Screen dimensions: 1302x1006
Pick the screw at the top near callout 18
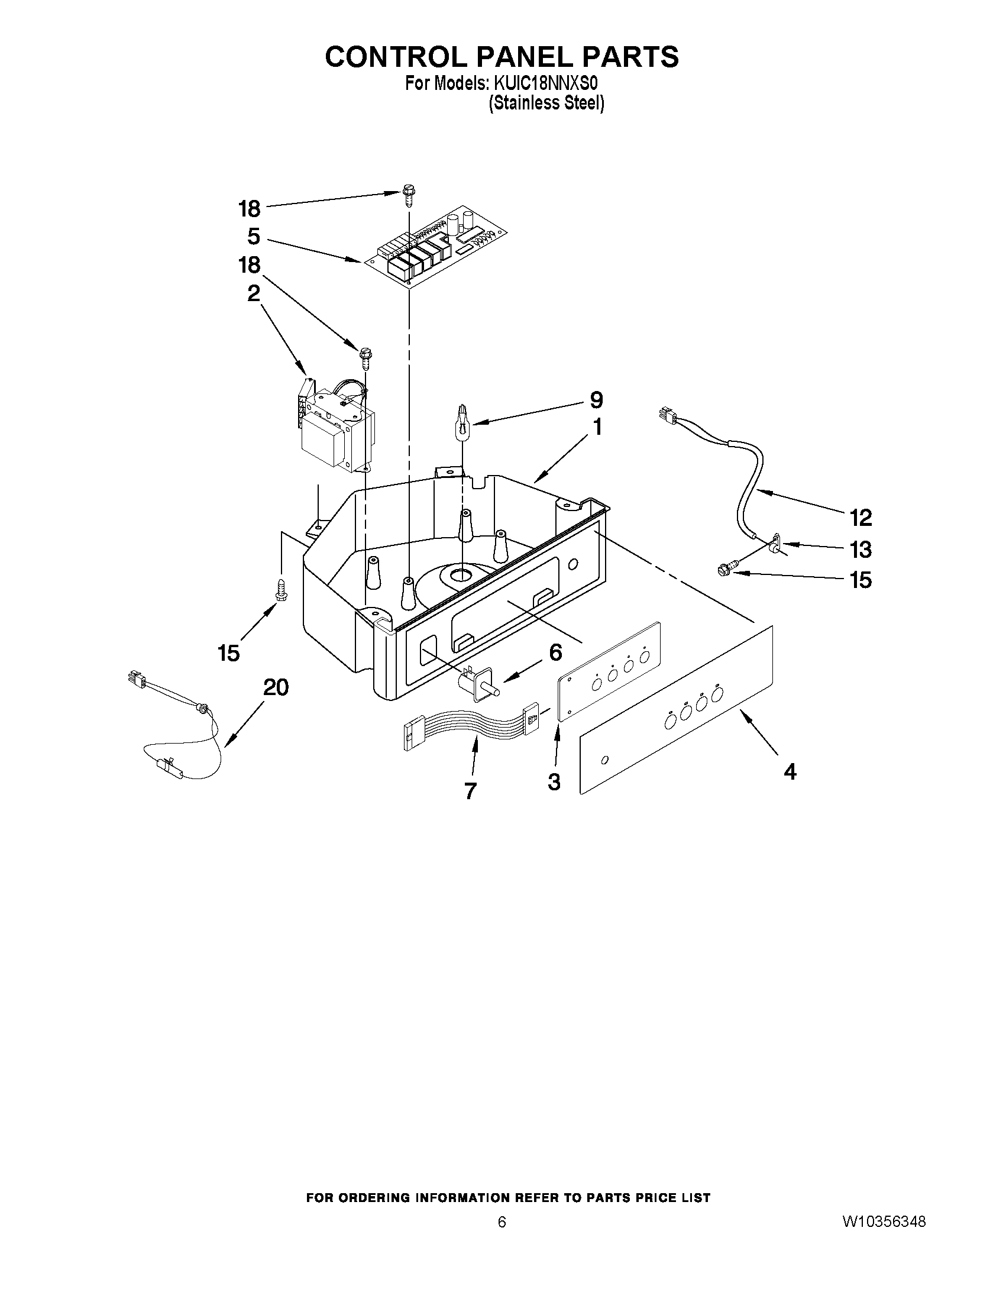click(x=408, y=195)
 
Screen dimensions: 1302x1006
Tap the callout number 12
click(x=861, y=518)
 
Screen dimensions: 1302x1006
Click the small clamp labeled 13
click(x=773, y=542)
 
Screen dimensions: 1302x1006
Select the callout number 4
click(x=790, y=772)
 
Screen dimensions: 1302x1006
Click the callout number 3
click(x=554, y=781)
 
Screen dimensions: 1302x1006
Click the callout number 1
click(x=596, y=427)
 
